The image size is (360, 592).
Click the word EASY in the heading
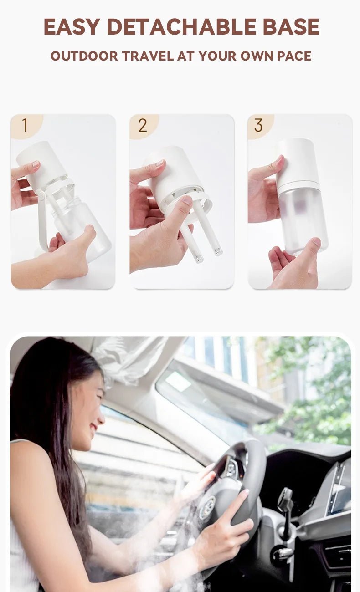[x=72, y=27]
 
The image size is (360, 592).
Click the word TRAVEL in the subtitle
[x=148, y=56]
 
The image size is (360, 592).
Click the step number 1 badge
[x=25, y=125]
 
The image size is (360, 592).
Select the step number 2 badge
[x=143, y=125]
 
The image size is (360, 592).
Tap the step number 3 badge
[x=258, y=125]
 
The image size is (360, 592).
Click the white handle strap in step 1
[x=42, y=223]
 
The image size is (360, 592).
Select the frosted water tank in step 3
[x=303, y=219]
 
